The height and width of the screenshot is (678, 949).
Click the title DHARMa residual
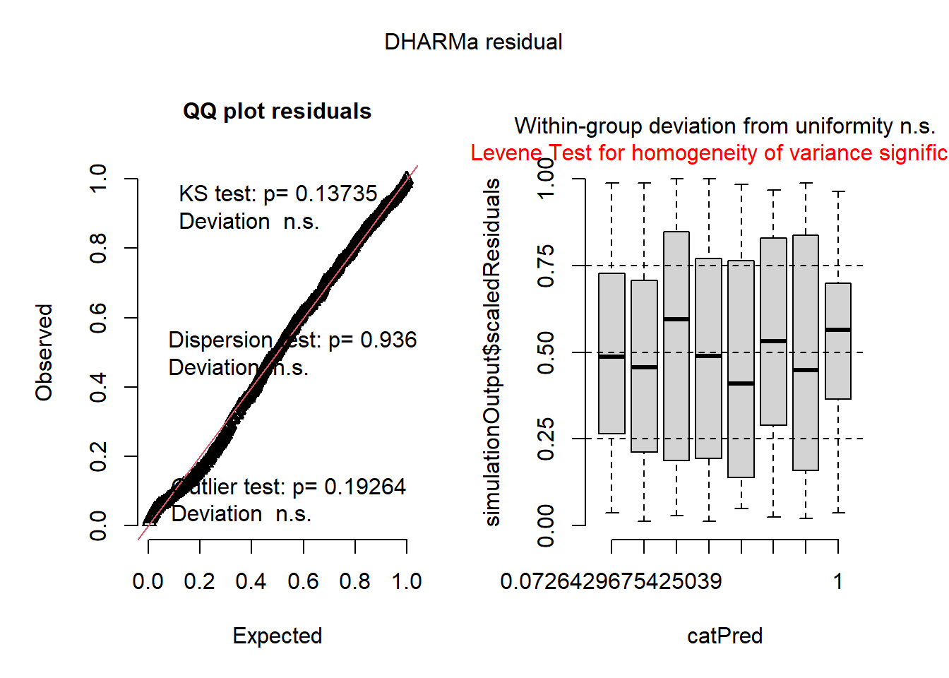(x=473, y=42)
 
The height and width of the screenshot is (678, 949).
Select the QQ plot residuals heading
(x=277, y=112)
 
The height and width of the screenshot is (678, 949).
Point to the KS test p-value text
(x=278, y=194)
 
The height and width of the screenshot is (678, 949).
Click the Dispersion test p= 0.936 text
(x=292, y=340)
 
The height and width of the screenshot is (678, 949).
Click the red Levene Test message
(x=709, y=153)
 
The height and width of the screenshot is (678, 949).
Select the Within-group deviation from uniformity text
(x=724, y=126)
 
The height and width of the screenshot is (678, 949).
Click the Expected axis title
(x=277, y=636)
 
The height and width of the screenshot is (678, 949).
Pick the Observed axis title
(x=44, y=352)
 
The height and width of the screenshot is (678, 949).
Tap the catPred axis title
(x=724, y=636)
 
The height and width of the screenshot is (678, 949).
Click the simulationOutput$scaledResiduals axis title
(x=492, y=352)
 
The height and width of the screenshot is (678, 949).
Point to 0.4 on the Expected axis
(x=251, y=582)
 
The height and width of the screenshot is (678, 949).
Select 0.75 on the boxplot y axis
(x=546, y=266)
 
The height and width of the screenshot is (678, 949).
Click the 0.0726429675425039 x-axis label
(x=611, y=582)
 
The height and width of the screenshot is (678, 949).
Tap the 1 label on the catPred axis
(x=837, y=582)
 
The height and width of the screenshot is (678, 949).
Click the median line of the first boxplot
(x=611, y=357)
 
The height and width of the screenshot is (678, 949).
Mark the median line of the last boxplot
(x=837, y=330)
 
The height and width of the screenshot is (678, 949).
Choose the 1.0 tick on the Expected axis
(x=407, y=582)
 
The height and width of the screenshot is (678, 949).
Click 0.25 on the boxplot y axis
(x=546, y=439)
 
